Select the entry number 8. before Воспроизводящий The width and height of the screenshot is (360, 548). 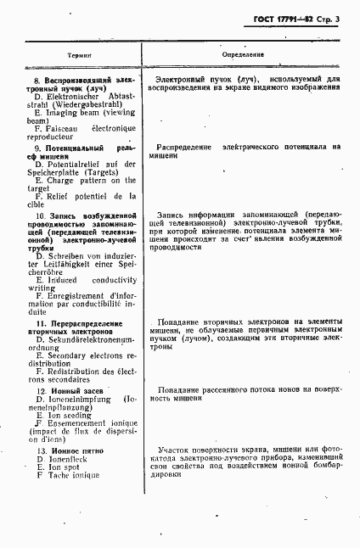pos(25,79)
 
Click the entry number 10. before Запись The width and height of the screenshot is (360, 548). pos(27,218)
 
